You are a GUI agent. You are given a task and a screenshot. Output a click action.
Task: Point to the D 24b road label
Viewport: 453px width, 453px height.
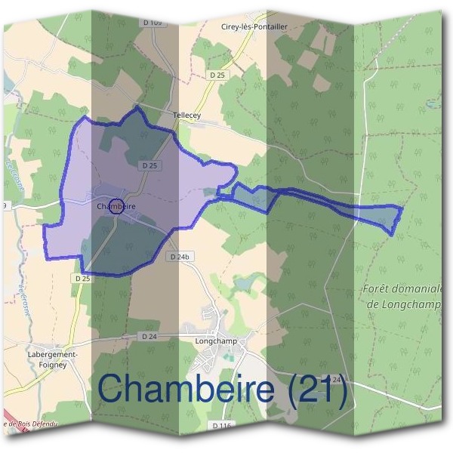coord(179,257)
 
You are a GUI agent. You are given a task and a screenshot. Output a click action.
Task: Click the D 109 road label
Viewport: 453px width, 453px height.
coord(151,23)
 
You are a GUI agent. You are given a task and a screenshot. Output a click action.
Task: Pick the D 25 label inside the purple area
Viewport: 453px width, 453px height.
coord(148,165)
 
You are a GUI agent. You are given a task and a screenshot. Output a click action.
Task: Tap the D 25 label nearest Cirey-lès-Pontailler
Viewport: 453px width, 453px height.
coord(217,75)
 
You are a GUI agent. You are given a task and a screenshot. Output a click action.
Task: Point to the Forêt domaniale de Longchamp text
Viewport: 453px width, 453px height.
coord(402,296)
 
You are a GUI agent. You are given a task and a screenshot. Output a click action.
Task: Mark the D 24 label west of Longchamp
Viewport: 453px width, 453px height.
coord(149,336)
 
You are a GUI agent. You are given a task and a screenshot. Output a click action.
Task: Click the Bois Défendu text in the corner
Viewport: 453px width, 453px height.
coord(30,424)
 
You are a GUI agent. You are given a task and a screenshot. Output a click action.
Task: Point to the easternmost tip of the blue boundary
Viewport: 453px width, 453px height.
coord(402,208)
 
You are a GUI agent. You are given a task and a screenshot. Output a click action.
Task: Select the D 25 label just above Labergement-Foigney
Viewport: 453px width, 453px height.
coord(82,279)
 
